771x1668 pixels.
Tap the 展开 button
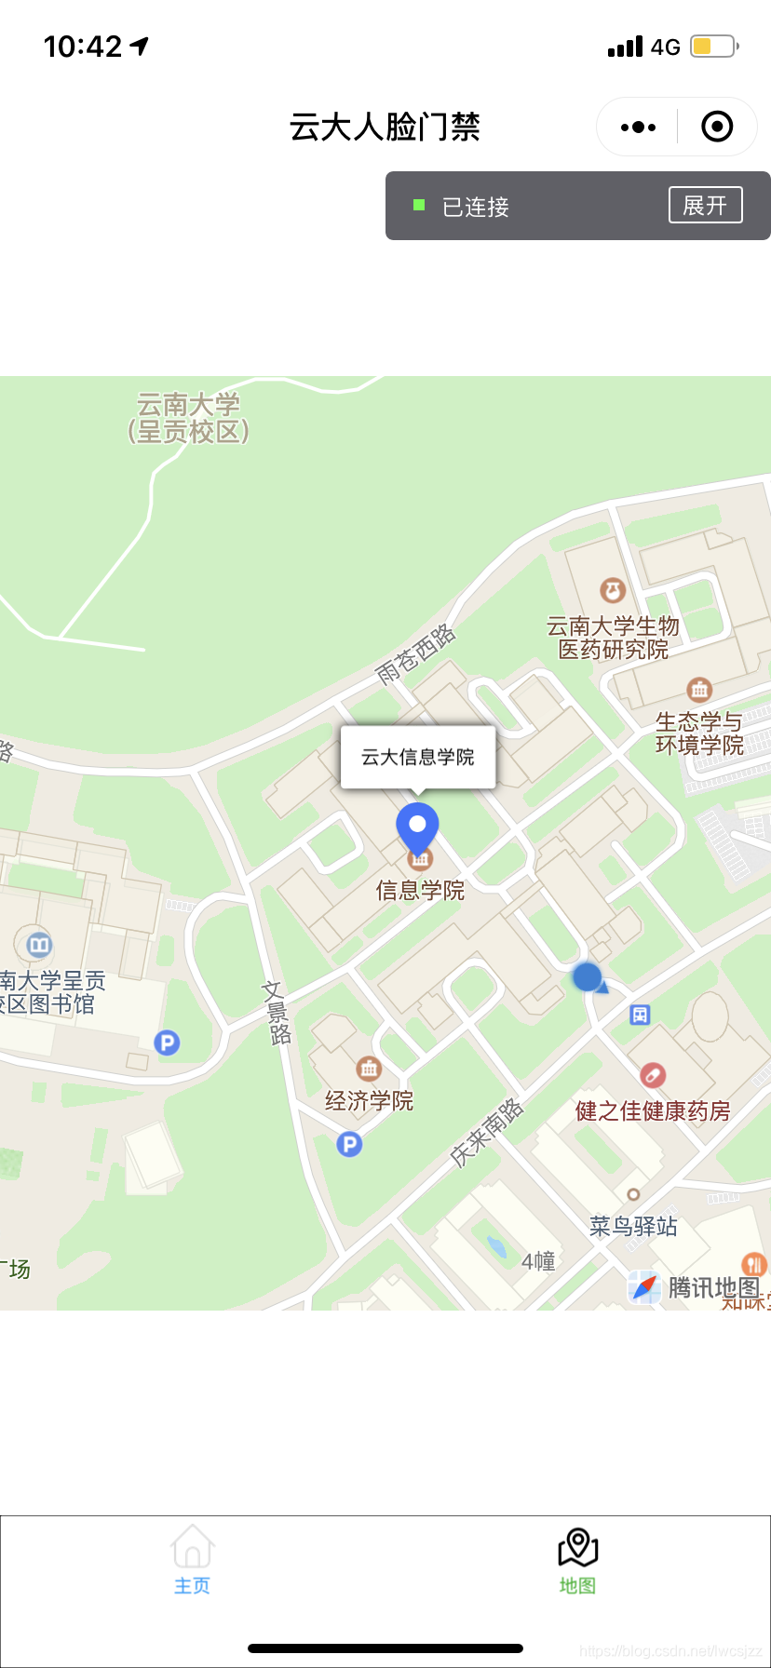click(x=705, y=205)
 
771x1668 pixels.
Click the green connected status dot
click(x=419, y=205)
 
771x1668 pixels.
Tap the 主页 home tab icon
click(x=193, y=1547)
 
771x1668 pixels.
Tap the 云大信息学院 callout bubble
click(x=418, y=757)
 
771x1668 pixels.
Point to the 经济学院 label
click(x=369, y=1101)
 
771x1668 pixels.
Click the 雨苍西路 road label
click(x=415, y=655)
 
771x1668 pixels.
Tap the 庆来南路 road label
click(x=486, y=1133)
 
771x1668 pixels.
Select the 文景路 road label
click(x=277, y=1013)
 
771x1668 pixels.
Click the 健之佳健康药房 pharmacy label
click(x=653, y=1110)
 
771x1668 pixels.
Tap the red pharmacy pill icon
click(x=653, y=1076)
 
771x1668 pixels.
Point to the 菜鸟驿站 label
click(x=633, y=1227)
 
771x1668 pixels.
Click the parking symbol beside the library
click(x=167, y=1042)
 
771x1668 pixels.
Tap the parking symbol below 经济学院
click(x=349, y=1144)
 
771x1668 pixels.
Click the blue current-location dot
click(x=587, y=976)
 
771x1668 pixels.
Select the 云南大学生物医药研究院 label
click(x=613, y=638)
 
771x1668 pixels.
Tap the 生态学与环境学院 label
click(x=699, y=733)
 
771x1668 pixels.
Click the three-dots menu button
click(x=638, y=127)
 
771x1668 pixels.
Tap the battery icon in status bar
click(x=713, y=46)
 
